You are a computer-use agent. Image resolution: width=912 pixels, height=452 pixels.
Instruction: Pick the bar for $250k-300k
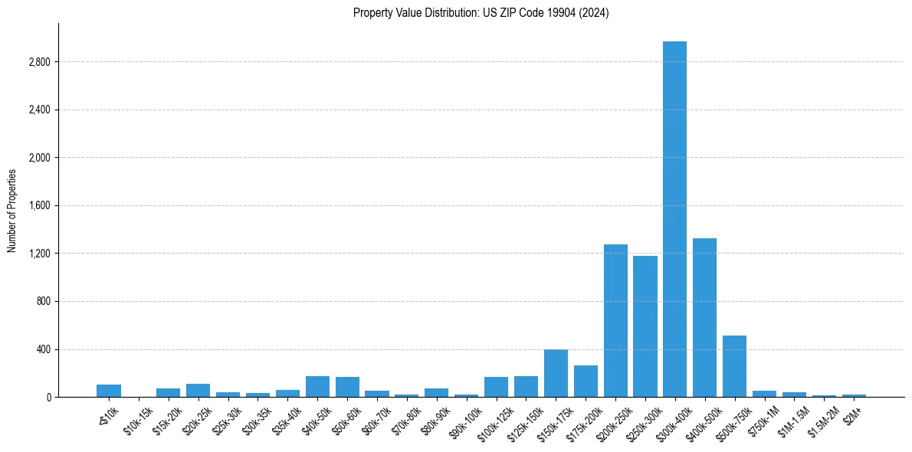pyautogui.click(x=645, y=326)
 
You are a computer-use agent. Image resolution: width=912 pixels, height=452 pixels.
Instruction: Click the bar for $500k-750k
pyautogui.click(x=734, y=366)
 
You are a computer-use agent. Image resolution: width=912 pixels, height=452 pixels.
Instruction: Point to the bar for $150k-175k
pyautogui.click(x=556, y=373)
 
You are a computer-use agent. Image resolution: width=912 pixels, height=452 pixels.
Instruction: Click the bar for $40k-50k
pyautogui.click(x=317, y=386)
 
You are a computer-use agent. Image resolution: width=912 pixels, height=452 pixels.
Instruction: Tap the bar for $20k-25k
pyautogui.click(x=198, y=390)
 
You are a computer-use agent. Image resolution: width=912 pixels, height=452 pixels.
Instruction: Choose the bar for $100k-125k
pyautogui.click(x=496, y=387)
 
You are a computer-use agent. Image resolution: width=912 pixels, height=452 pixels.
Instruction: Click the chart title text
pyautogui.click(x=481, y=13)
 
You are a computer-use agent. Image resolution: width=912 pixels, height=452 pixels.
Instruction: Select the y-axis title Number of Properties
pyautogui.click(x=12, y=211)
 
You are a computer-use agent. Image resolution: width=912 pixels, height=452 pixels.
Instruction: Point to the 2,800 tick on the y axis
pyautogui.click(x=39, y=62)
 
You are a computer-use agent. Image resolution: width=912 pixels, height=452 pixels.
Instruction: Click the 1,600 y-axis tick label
pyautogui.click(x=39, y=206)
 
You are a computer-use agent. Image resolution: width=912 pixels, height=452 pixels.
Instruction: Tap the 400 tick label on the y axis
pyautogui.click(x=43, y=349)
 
